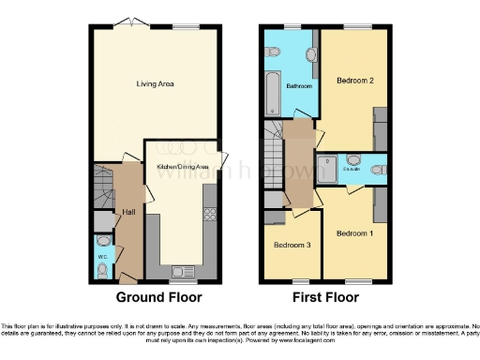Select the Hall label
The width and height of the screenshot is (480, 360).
tap(128, 212)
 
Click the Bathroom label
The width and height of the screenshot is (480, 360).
tap(299, 86)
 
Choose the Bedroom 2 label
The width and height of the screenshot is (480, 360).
tap(355, 82)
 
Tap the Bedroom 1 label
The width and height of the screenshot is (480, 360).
tap(354, 232)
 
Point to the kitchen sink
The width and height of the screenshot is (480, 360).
tap(184, 273)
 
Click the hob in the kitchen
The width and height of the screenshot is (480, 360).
tap(211, 212)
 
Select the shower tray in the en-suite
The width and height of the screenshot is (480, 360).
tap(329, 169)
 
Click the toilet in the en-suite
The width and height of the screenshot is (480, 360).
tap(377, 170)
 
